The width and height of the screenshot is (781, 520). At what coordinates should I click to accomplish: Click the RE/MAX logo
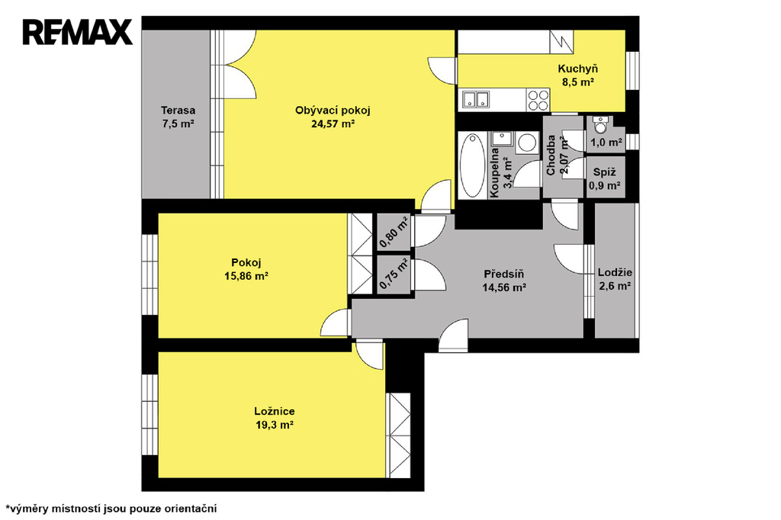(78, 32)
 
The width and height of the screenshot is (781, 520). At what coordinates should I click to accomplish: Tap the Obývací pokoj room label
(333, 111)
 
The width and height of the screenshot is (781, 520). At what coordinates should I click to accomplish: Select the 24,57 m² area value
(333, 124)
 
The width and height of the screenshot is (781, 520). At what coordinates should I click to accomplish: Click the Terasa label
(178, 111)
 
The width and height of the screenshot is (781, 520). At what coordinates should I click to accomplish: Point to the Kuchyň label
(578, 69)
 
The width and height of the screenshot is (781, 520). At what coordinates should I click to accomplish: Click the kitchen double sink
(476, 100)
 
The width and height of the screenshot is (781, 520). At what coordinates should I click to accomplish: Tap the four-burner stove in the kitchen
(538, 100)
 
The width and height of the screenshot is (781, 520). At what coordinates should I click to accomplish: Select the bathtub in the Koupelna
(472, 165)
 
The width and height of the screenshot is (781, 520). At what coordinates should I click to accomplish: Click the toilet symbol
(601, 126)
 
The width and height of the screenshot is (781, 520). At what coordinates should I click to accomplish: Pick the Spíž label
(605, 172)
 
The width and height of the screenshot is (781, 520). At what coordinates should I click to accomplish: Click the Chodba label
(551, 156)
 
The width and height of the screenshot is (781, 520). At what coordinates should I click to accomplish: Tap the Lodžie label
(615, 272)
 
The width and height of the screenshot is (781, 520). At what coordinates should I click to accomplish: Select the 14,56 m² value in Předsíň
(504, 287)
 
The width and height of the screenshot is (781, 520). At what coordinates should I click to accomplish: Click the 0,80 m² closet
(394, 232)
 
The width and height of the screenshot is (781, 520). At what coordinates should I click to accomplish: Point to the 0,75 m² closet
(394, 274)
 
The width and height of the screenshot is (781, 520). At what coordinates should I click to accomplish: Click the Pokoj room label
(246, 262)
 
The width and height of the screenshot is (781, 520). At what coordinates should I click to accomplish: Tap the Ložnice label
(274, 412)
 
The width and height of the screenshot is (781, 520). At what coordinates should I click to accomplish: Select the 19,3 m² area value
(274, 425)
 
